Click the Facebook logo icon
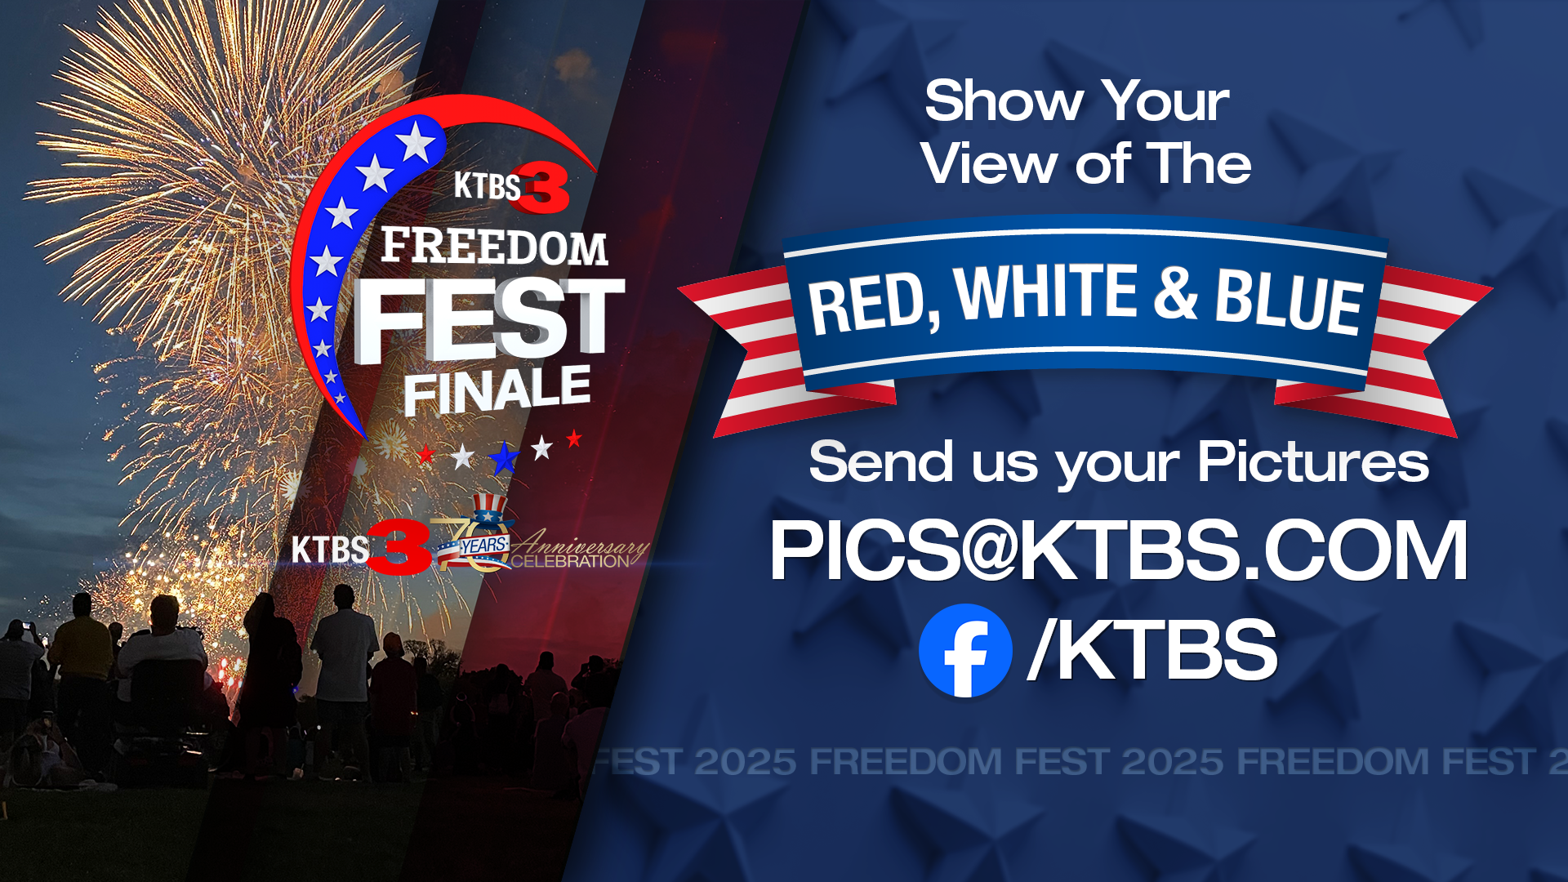coord(965,650)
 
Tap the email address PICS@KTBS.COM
coord(1118,551)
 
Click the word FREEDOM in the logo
coord(494,247)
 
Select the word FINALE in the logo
coord(497,390)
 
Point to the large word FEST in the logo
coord(488,320)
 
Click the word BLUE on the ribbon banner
coord(1288,301)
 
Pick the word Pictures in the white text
coord(1313,462)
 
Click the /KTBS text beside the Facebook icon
coord(1152,650)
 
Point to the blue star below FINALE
coord(504,458)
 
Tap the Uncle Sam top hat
coord(488,510)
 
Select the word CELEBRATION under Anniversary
coord(570,562)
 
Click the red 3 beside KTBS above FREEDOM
coord(546,189)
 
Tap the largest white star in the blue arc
coord(416,141)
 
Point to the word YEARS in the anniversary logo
coord(483,545)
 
